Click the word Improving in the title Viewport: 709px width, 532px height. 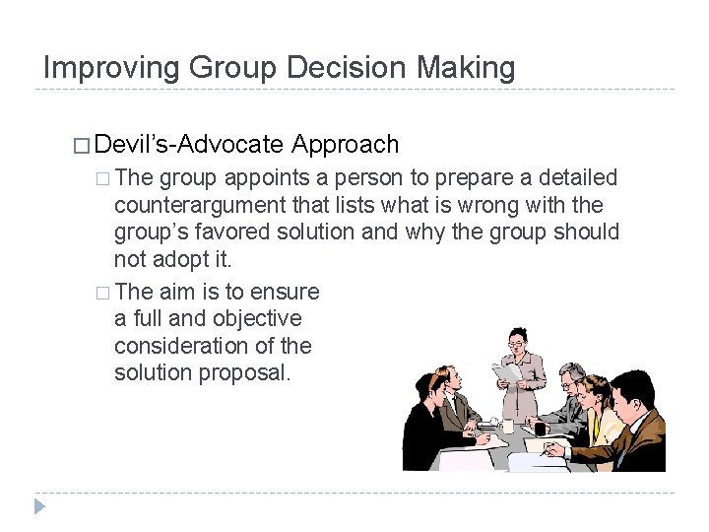110,68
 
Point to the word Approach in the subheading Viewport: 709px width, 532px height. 346,145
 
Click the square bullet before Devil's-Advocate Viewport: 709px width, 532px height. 81,146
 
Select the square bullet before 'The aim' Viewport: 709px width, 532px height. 102,293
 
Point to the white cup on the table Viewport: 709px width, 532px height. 507,426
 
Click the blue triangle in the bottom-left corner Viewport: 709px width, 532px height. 40,507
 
